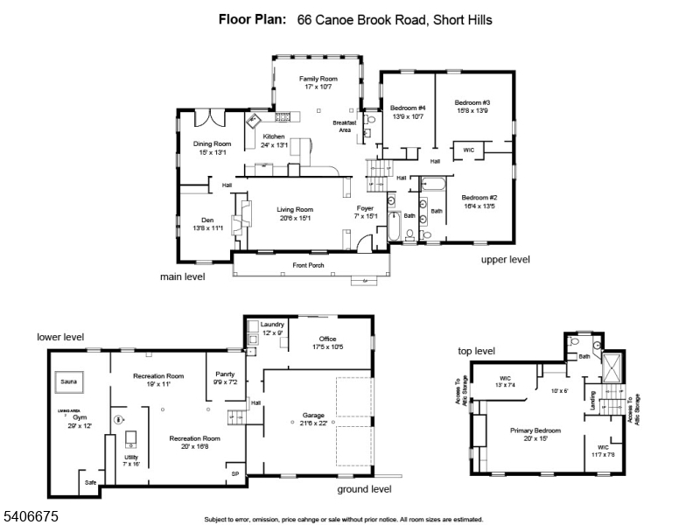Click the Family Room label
pos(318,79)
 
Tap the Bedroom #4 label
pos(407,108)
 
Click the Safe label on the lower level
pos(90,482)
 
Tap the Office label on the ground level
pos(327,339)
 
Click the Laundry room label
pos(272,325)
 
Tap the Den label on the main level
pos(207,220)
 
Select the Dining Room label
pos(212,143)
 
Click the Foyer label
pos(365,208)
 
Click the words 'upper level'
pos(505,259)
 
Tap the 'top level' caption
pos(476,351)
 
